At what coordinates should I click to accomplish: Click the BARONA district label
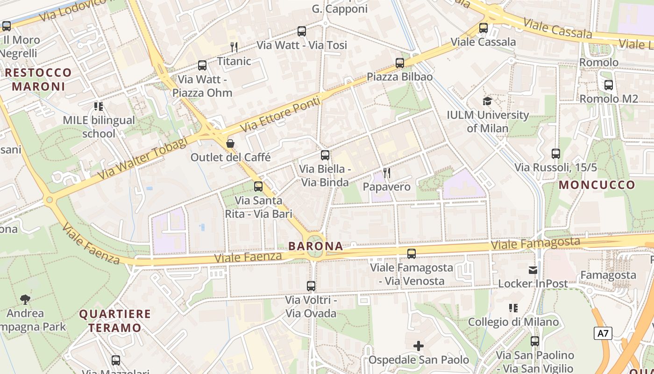coord(315,246)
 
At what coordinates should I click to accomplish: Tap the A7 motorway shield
coord(603,333)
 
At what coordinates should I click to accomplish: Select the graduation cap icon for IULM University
coord(487,101)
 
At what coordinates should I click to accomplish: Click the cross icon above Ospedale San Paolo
coord(419,346)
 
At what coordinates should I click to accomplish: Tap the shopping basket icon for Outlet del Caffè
coord(230,144)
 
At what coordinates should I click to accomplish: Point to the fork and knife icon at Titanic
coord(234,47)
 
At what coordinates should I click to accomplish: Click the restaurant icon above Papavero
coord(386,173)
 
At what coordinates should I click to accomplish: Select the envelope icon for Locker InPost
coord(533,270)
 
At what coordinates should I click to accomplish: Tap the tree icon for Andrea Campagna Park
coord(25,299)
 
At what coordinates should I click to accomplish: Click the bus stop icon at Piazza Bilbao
coord(399,63)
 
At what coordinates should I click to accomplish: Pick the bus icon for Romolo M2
coord(608,85)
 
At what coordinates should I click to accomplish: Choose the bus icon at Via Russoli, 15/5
coord(555,153)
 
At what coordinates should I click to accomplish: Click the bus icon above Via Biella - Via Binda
coord(325,155)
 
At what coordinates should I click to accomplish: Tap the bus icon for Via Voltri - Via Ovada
coord(311,286)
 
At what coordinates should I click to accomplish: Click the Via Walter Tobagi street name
coord(142,158)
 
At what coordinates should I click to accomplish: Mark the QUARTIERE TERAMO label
coord(115,321)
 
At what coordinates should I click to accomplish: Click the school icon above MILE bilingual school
coord(98,107)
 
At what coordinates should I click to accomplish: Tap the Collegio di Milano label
coord(513,322)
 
